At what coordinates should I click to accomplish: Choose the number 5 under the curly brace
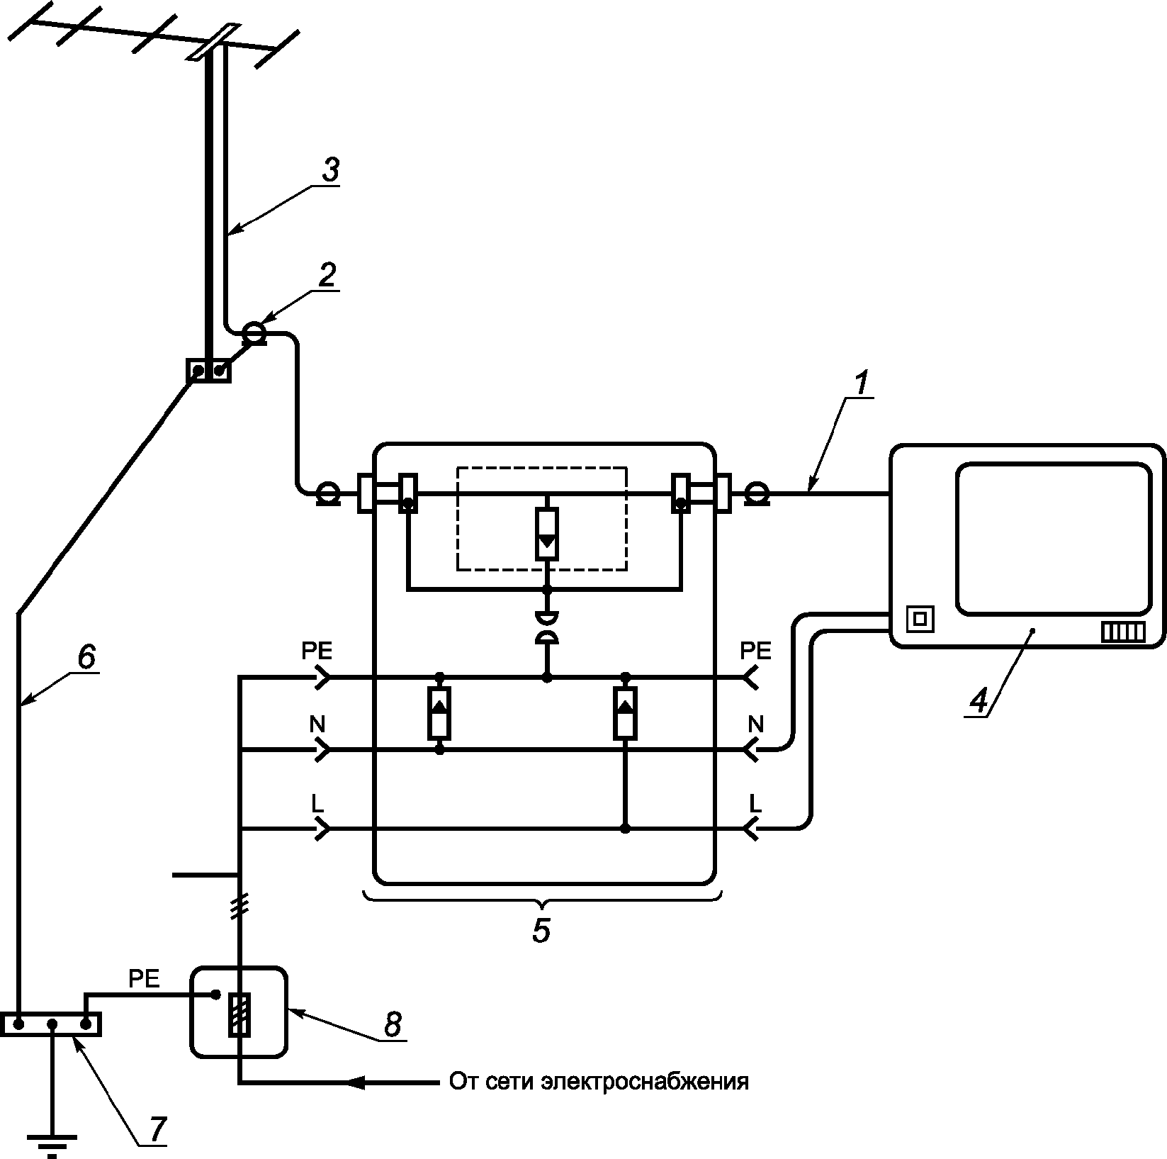pos(541,931)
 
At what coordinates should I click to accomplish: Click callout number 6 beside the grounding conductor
pos(84,657)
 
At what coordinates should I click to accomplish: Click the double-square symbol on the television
pos(920,620)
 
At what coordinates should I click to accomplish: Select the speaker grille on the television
pos(1123,632)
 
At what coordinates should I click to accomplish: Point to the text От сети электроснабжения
pos(599,1082)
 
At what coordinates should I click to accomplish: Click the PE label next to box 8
pos(144,979)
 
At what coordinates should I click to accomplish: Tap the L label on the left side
pos(317,803)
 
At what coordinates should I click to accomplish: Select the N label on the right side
pos(756,724)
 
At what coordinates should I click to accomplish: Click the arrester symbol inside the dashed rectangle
pos(546,534)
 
